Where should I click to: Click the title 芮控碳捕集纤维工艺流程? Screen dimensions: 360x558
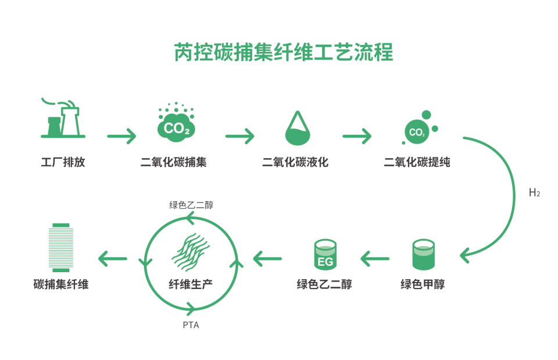(x=284, y=52)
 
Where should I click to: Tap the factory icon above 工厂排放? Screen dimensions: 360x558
(x=63, y=119)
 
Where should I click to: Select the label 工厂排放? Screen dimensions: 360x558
(x=63, y=162)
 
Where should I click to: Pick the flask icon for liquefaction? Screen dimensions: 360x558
(x=298, y=129)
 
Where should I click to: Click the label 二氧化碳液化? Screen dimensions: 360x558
(x=295, y=162)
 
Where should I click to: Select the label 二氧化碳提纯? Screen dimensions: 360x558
(x=417, y=162)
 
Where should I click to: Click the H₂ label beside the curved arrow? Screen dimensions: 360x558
(x=534, y=193)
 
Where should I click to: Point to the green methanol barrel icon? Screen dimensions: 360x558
(x=423, y=255)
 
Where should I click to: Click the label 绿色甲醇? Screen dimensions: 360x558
(x=423, y=285)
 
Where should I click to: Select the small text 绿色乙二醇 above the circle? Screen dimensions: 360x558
(x=191, y=205)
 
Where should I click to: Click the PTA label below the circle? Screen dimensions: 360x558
(x=191, y=325)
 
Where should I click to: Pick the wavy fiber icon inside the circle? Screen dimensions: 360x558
(x=191, y=252)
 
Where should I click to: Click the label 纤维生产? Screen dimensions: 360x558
(x=191, y=285)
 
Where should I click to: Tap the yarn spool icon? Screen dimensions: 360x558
(x=61, y=247)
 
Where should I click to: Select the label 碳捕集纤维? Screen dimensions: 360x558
(x=61, y=285)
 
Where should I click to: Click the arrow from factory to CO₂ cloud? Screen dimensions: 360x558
(x=121, y=137)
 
